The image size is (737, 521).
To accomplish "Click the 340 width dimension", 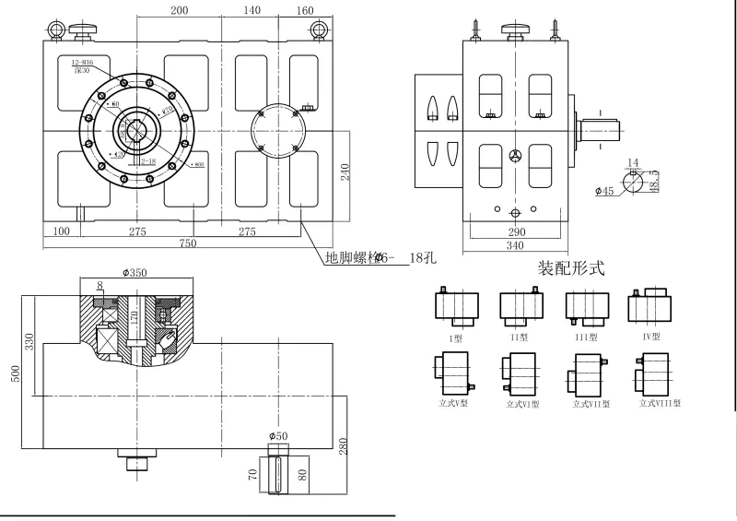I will point(514,245).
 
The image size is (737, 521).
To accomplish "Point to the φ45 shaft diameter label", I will point(604,192).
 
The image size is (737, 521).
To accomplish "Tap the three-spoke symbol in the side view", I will point(515,156).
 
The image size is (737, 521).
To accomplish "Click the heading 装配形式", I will point(570,269).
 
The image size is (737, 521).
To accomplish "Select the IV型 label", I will point(651,337).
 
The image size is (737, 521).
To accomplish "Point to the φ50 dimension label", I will point(279,435).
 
